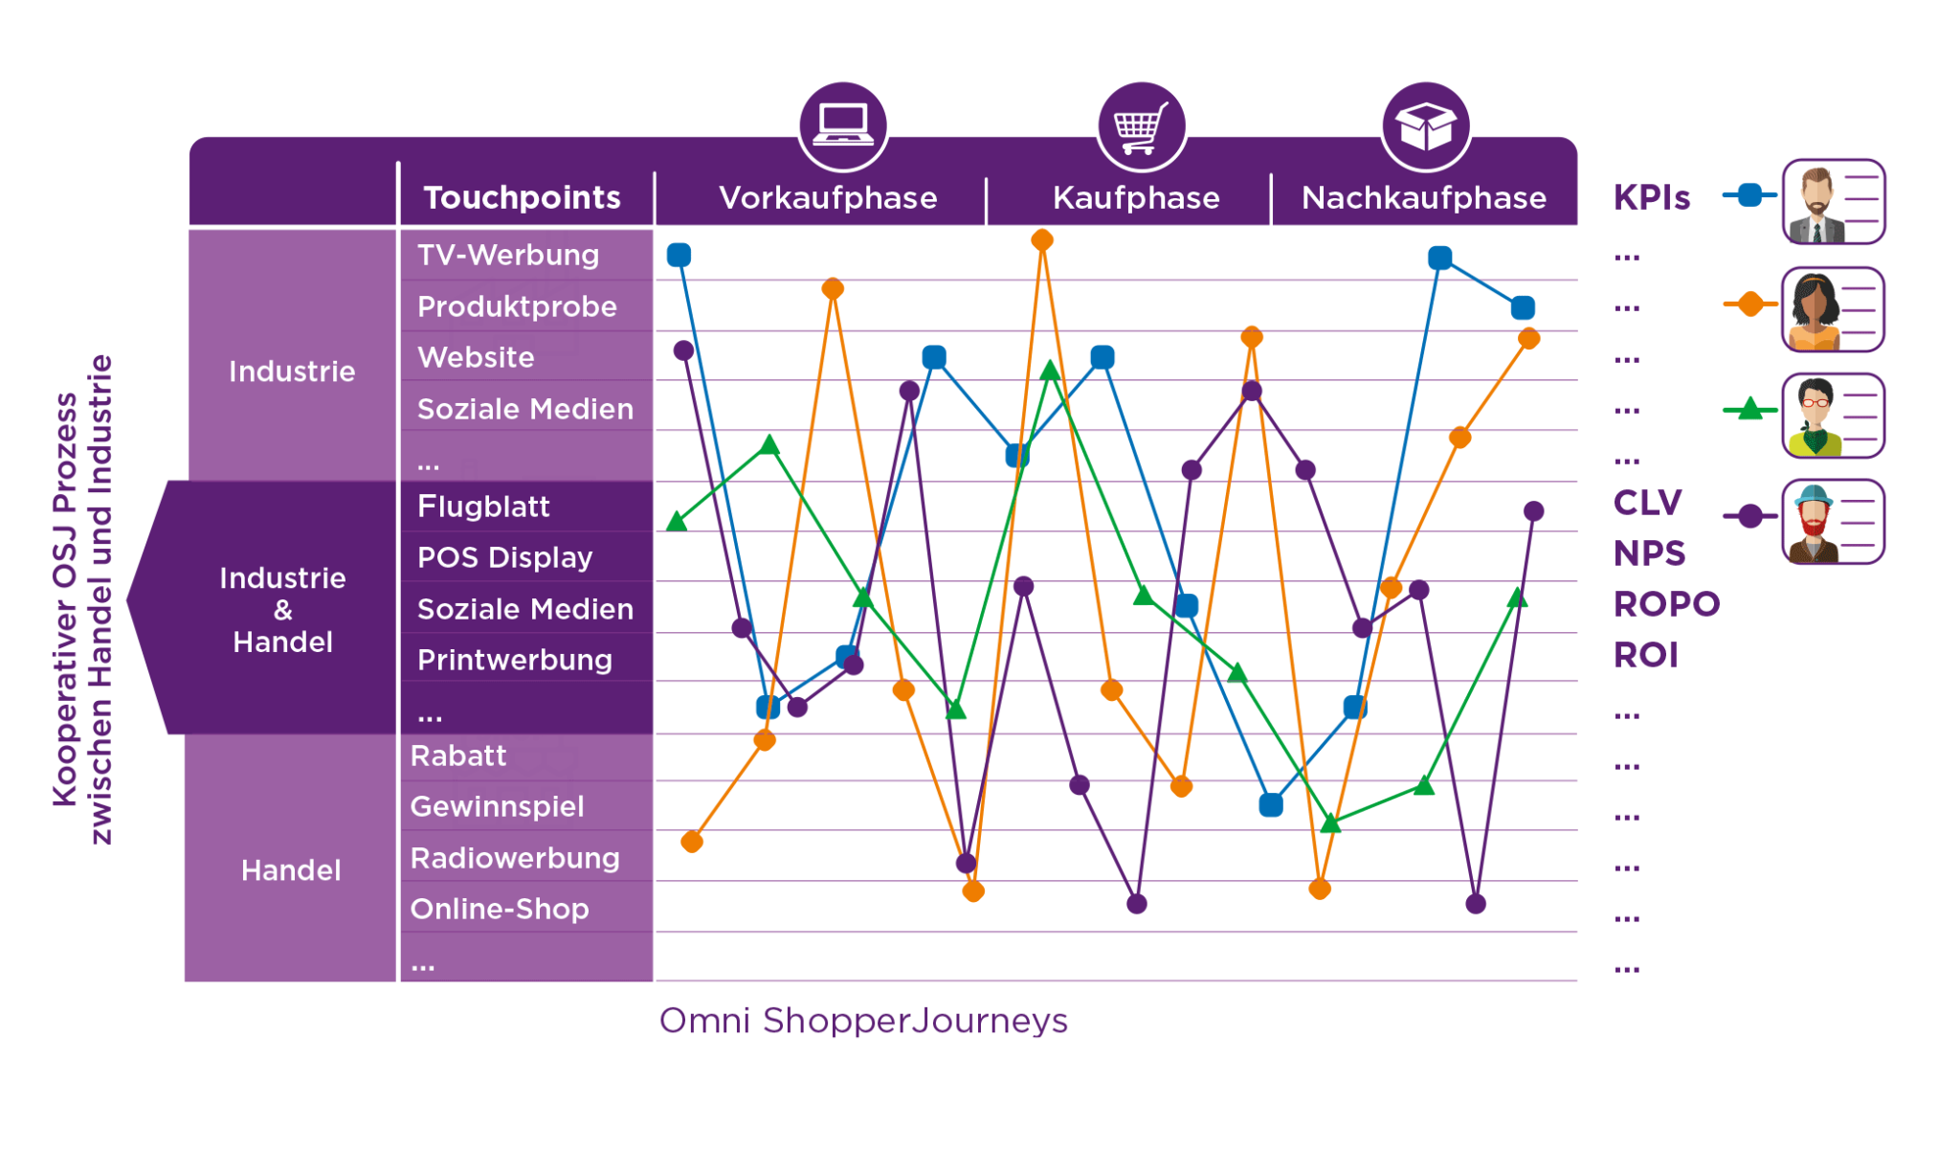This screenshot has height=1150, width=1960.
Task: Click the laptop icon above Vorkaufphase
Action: pyautogui.click(x=842, y=125)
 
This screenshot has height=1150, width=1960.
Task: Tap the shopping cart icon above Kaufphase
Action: pyautogui.click(x=1140, y=126)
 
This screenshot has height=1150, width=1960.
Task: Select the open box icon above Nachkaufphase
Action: pyautogui.click(x=1425, y=125)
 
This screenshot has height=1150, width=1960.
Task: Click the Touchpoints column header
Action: pyautogui.click(x=522, y=197)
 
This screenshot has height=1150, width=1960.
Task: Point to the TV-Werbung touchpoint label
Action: pyautogui.click(x=508, y=255)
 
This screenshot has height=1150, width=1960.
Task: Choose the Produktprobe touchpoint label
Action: pyautogui.click(x=517, y=306)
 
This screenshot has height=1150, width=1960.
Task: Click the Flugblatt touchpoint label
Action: pyautogui.click(x=483, y=507)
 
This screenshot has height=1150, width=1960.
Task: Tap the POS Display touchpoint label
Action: pyautogui.click(x=504, y=557)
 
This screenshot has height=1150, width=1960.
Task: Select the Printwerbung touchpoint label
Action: pyautogui.click(x=514, y=660)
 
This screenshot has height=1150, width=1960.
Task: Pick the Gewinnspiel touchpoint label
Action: pyautogui.click(x=497, y=806)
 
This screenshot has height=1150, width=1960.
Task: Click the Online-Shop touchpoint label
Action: pyautogui.click(x=499, y=909)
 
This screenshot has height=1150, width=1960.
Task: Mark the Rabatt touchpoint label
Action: pyautogui.click(x=458, y=755)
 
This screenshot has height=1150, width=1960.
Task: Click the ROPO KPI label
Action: pyautogui.click(x=1666, y=604)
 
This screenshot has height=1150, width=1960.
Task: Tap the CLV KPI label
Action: pyautogui.click(x=1647, y=503)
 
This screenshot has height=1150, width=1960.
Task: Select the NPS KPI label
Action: pyautogui.click(x=1649, y=553)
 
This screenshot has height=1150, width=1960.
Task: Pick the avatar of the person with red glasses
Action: pyautogui.click(x=1815, y=417)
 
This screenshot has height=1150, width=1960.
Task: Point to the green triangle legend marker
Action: pyautogui.click(x=1749, y=410)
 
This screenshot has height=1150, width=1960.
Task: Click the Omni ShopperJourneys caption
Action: pyautogui.click(x=863, y=1021)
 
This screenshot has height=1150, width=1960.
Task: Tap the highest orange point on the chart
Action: pyautogui.click(x=1042, y=239)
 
